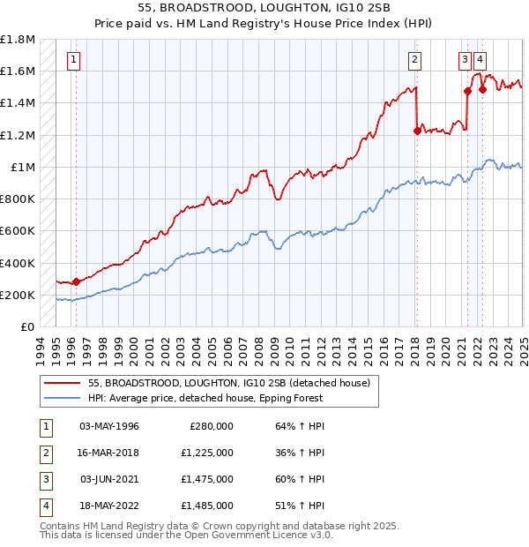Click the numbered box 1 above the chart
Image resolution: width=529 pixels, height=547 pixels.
[72, 60]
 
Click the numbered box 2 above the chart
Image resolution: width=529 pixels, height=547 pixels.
[414, 60]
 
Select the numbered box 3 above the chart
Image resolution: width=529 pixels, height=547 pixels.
[465, 60]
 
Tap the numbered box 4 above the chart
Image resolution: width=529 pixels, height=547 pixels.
[480, 60]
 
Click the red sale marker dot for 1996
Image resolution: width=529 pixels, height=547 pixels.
[76, 281]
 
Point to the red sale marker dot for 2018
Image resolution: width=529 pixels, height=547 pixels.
[416, 131]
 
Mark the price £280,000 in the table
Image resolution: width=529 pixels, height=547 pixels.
[211, 425]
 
